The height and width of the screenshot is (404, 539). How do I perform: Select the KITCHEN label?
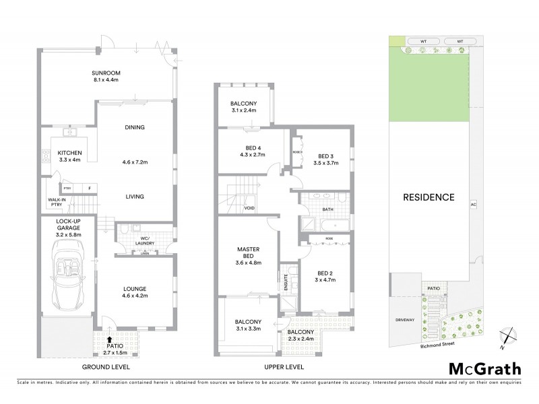click(x=69, y=153)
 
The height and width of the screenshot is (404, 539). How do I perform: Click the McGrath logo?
click(x=484, y=368)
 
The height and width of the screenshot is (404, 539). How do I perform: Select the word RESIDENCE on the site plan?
click(x=429, y=198)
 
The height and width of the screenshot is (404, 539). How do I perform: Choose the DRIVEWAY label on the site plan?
click(x=406, y=321)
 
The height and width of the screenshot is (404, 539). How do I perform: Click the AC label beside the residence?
click(x=473, y=203)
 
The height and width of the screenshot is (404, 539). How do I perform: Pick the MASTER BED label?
click(x=248, y=252)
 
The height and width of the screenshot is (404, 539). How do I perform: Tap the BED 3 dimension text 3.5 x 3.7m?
click(x=325, y=162)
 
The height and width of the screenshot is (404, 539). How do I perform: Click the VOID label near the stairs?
click(x=249, y=208)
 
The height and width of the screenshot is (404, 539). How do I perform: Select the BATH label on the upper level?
click(x=328, y=209)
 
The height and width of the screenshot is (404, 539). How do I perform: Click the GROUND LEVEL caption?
click(x=106, y=368)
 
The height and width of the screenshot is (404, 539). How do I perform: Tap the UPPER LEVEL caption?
click(x=281, y=368)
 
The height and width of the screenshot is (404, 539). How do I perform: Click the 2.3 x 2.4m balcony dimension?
click(x=299, y=340)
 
